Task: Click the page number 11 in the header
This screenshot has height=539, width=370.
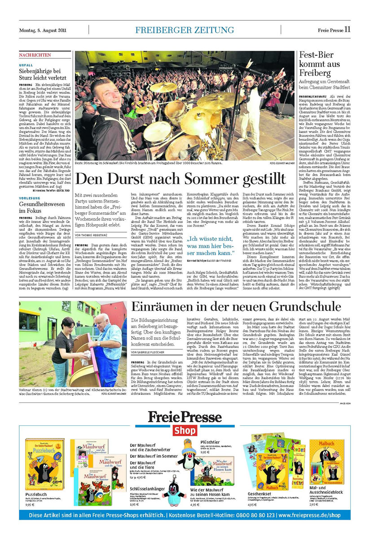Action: tap(348, 30)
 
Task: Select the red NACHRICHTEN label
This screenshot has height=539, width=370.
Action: tap(35, 55)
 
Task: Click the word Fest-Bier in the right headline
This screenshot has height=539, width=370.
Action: tap(316, 56)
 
